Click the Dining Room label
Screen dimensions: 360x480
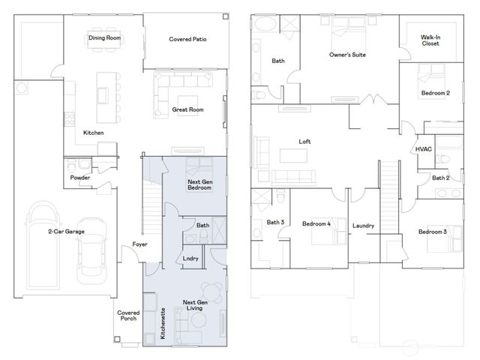point(104,38)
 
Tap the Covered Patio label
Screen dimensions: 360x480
point(187,39)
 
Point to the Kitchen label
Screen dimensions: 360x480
point(94,133)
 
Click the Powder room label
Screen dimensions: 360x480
point(80,178)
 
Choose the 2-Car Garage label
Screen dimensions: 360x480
point(66,232)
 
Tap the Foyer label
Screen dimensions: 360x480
point(139,244)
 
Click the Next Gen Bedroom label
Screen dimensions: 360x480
point(199,184)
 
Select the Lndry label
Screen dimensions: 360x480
point(190,259)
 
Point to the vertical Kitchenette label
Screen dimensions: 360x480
point(163,323)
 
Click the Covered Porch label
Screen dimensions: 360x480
point(127,316)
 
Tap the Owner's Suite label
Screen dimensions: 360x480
point(347,55)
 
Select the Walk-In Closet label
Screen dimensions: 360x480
point(430,40)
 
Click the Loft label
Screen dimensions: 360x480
point(304,142)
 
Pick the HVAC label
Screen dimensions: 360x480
point(423,149)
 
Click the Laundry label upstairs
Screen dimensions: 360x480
point(363,226)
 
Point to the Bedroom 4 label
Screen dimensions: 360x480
point(316,223)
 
